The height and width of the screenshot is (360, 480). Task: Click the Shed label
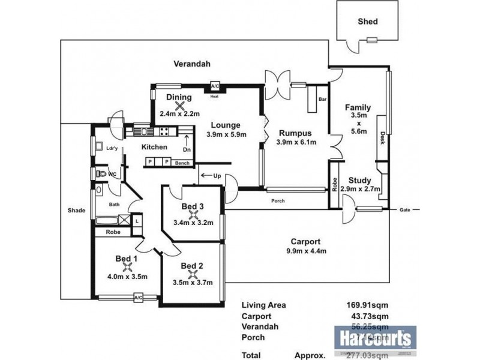click(x=368, y=22)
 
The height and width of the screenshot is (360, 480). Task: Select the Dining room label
click(x=179, y=97)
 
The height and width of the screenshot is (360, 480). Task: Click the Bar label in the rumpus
click(x=322, y=99)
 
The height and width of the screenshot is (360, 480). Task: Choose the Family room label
click(x=358, y=108)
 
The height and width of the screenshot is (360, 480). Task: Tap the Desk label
click(x=382, y=139)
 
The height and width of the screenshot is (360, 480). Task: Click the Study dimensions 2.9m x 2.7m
click(x=360, y=189)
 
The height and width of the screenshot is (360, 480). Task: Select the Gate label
click(x=405, y=209)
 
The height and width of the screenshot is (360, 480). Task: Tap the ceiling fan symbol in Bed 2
click(x=192, y=275)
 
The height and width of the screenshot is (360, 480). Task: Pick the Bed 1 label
click(x=127, y=259)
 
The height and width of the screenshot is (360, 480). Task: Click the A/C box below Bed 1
click(x=137, y=297)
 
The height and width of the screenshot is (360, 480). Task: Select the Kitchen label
click(x=154, y=146)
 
